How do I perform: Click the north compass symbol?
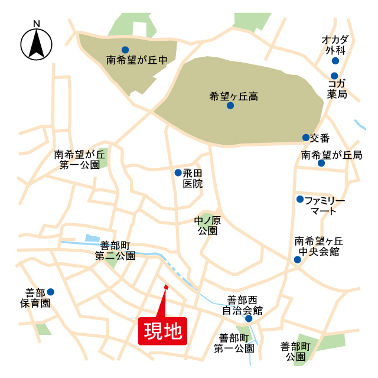(x=37, y=44)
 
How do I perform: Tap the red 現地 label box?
(x=162, y=331)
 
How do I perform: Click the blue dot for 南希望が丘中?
(x=125, y=50)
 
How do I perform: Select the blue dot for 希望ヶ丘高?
(x=230, y=106)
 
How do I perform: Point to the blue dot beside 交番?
(x=306, y=138)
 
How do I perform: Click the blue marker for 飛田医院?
(x=178, y=173)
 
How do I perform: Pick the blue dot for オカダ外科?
(x=335, y=61)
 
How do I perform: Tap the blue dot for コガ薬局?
(x=334, y=76)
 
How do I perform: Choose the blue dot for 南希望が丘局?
(x=321, y=163)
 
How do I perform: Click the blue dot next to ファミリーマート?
(x=300, y=199)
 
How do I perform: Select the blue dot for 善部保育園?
(x=51, y=292)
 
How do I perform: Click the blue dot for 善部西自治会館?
(x=249, y=318)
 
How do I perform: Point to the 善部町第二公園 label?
(x=116, y=250)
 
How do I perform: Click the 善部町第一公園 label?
(x=233, y=343)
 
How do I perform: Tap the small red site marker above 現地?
(x=166, y=288)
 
